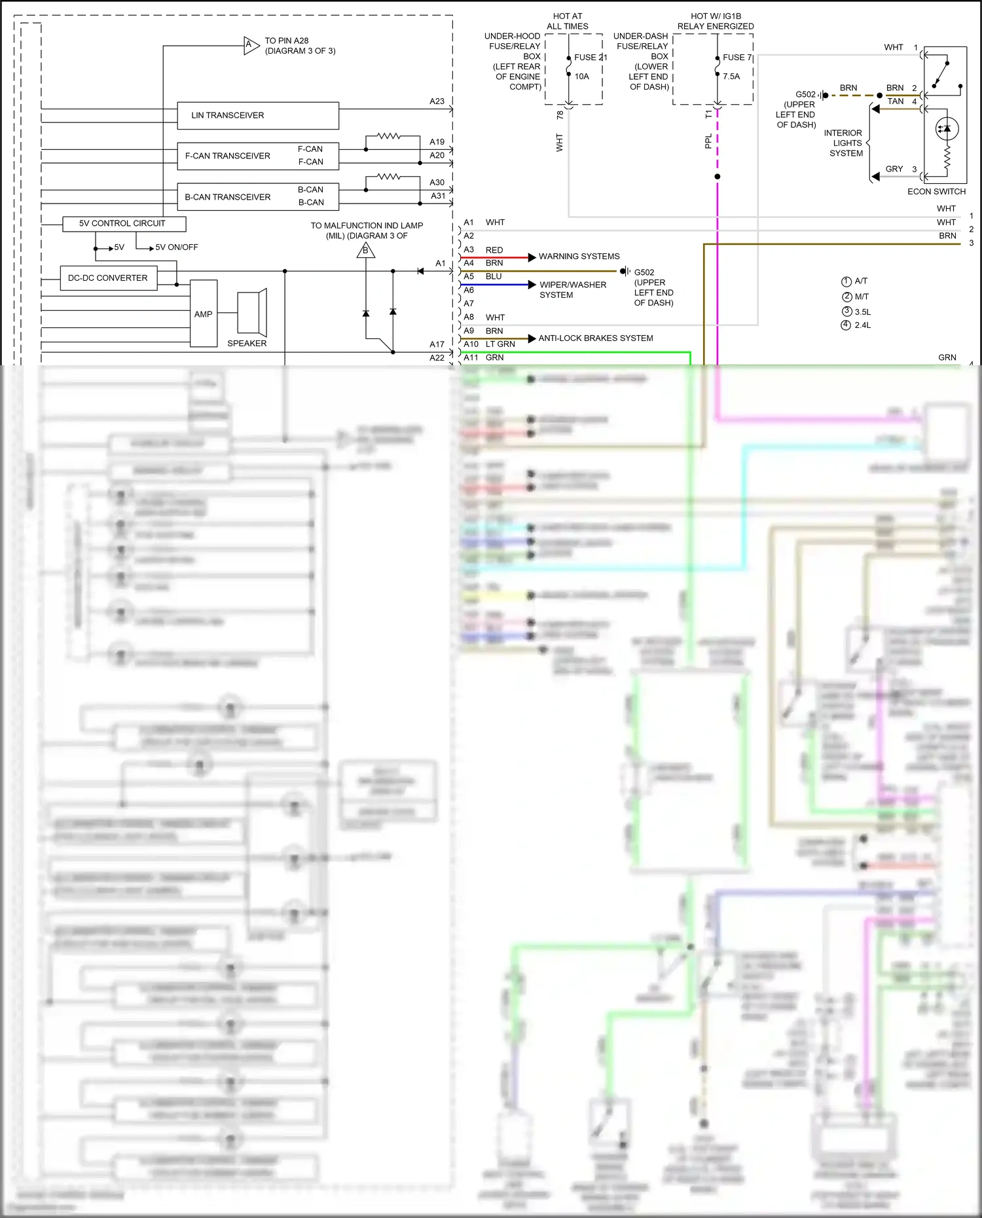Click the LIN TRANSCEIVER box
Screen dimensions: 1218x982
click(x=258, y=116)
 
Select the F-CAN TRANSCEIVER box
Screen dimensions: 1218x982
click(x=258, y=156)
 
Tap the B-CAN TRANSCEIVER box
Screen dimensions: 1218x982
click(x=258, y=197)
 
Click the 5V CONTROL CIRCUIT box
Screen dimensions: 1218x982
click(x=124, y=224)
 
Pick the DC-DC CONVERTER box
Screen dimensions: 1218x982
click(x=108, y=278)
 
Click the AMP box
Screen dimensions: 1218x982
click(x=204, y=314)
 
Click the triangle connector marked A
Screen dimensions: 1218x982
click(x=250, y=46)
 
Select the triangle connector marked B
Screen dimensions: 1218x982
click(x=366, y=250)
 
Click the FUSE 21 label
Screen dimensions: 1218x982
click(x=590, y=58)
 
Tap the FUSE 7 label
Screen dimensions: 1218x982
click(x=737, y=58)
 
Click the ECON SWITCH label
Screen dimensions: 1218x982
click(x=936, y=192)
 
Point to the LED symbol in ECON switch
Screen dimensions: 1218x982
click(x=947, y=129)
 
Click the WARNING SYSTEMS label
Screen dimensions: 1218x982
click(x=579, y=257)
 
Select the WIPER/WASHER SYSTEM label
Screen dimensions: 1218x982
click(x=572, y=290)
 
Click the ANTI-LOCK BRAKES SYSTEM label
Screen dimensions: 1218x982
click(x=595, y=338)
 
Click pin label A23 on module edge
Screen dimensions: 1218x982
click(x=437, y=101)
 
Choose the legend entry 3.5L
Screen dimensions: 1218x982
click(x=862, y=312)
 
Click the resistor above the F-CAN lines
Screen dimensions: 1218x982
click(x=389, y=136)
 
